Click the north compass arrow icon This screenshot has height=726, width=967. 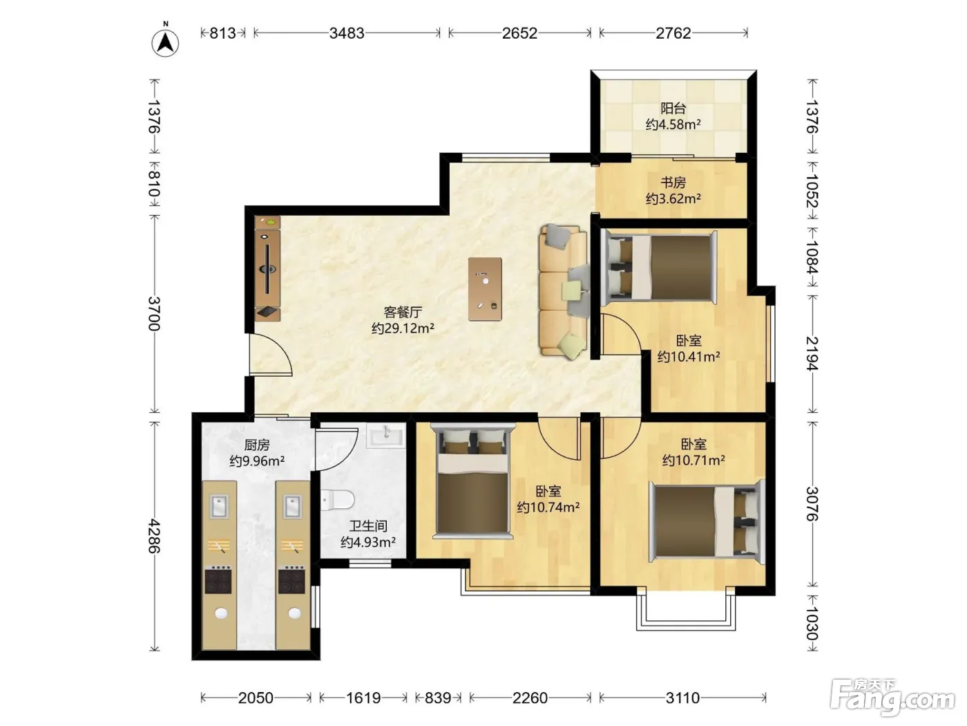pos(165,42)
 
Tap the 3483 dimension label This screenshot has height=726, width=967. pos(347,33)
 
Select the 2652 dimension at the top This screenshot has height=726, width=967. pos(519,33)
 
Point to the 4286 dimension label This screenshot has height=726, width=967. pos(154,536)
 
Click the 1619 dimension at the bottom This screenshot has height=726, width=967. pos(363,698)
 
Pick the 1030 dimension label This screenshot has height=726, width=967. pos(812,623)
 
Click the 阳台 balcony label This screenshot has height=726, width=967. pos(673,109)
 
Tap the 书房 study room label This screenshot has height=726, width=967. pos(673,183)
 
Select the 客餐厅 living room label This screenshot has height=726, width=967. pos(403,312)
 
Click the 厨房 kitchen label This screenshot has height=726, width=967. pos(257,445)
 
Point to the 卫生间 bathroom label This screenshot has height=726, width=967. pos(368,526)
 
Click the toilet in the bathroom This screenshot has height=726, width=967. pos(338,500)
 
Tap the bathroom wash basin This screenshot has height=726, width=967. pos(386,436)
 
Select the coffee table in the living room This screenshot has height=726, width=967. pos(485,289)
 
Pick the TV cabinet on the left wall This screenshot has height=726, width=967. pos(267,268)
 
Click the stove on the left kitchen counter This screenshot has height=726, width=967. pos(218,580)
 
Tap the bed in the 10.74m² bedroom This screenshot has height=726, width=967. pos(473,481)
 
